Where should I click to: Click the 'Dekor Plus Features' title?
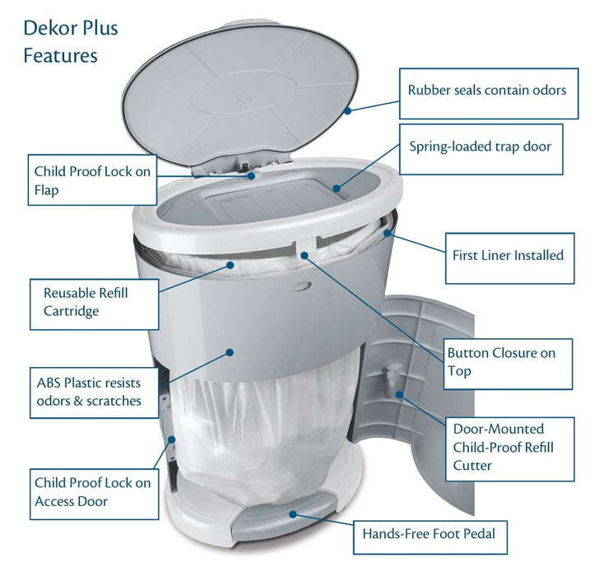coord(71,41)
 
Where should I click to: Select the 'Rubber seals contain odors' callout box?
coord(487,90)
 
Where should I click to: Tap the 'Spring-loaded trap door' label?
coord(481,149)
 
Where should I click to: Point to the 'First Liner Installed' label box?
coord(508,255)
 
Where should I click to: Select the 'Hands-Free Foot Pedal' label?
coord(429,535)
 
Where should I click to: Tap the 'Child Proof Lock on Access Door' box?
coord(92,492)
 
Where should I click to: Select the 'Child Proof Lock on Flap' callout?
coord(92,180)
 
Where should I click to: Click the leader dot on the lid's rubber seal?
coord(347,109)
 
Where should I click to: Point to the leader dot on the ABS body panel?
coord(231,352)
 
